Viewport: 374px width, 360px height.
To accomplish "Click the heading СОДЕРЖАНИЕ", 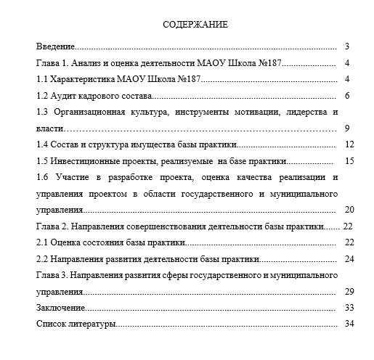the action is (x=195, y=24).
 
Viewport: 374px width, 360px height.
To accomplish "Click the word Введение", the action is (x=56, y=46).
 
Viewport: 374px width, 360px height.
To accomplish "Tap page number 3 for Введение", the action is (x=348, y=46).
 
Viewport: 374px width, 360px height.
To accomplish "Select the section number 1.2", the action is (x=42, y=95).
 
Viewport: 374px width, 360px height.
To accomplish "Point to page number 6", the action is (x=348, y=95).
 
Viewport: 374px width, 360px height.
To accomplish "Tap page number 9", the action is (x=348, y=128).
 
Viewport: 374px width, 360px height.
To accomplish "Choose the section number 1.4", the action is (x=42, y=144).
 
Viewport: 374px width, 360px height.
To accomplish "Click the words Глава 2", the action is (x=53, y=226).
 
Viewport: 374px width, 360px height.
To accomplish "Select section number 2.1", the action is (x=42, y=242).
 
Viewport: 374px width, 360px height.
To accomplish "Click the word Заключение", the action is (x=61, y=308).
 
